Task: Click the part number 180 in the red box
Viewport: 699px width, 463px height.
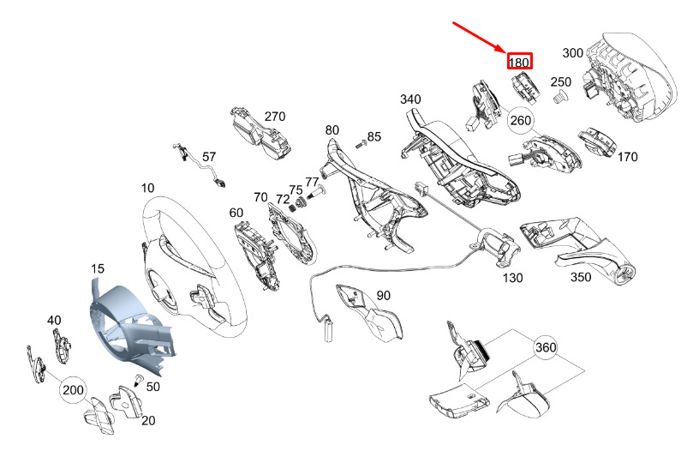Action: click(519, 62)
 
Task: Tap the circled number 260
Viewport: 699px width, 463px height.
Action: click(521, 120)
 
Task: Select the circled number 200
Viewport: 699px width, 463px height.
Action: click(74, 390)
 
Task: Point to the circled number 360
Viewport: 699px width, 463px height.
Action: click(545, 348)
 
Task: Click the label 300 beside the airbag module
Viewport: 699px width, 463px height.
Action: click(573, 53)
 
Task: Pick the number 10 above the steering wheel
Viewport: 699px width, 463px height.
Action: click(147, 187)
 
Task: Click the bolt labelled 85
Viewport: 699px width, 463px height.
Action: click(360, 145)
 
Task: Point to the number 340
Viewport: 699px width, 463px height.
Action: click(410, 99)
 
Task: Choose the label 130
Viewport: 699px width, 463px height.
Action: click(511, 278)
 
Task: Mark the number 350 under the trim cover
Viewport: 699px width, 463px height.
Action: click(581, 278)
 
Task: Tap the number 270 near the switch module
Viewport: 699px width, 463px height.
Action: click(274, 117)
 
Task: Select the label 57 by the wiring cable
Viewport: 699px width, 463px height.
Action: click(209, 157)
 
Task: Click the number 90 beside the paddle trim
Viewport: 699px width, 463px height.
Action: click(383, 296)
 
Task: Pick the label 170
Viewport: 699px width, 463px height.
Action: click(627, 157)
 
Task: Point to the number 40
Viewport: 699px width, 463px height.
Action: click(54, 320)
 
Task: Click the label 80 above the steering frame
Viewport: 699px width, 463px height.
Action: click(332, 130)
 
